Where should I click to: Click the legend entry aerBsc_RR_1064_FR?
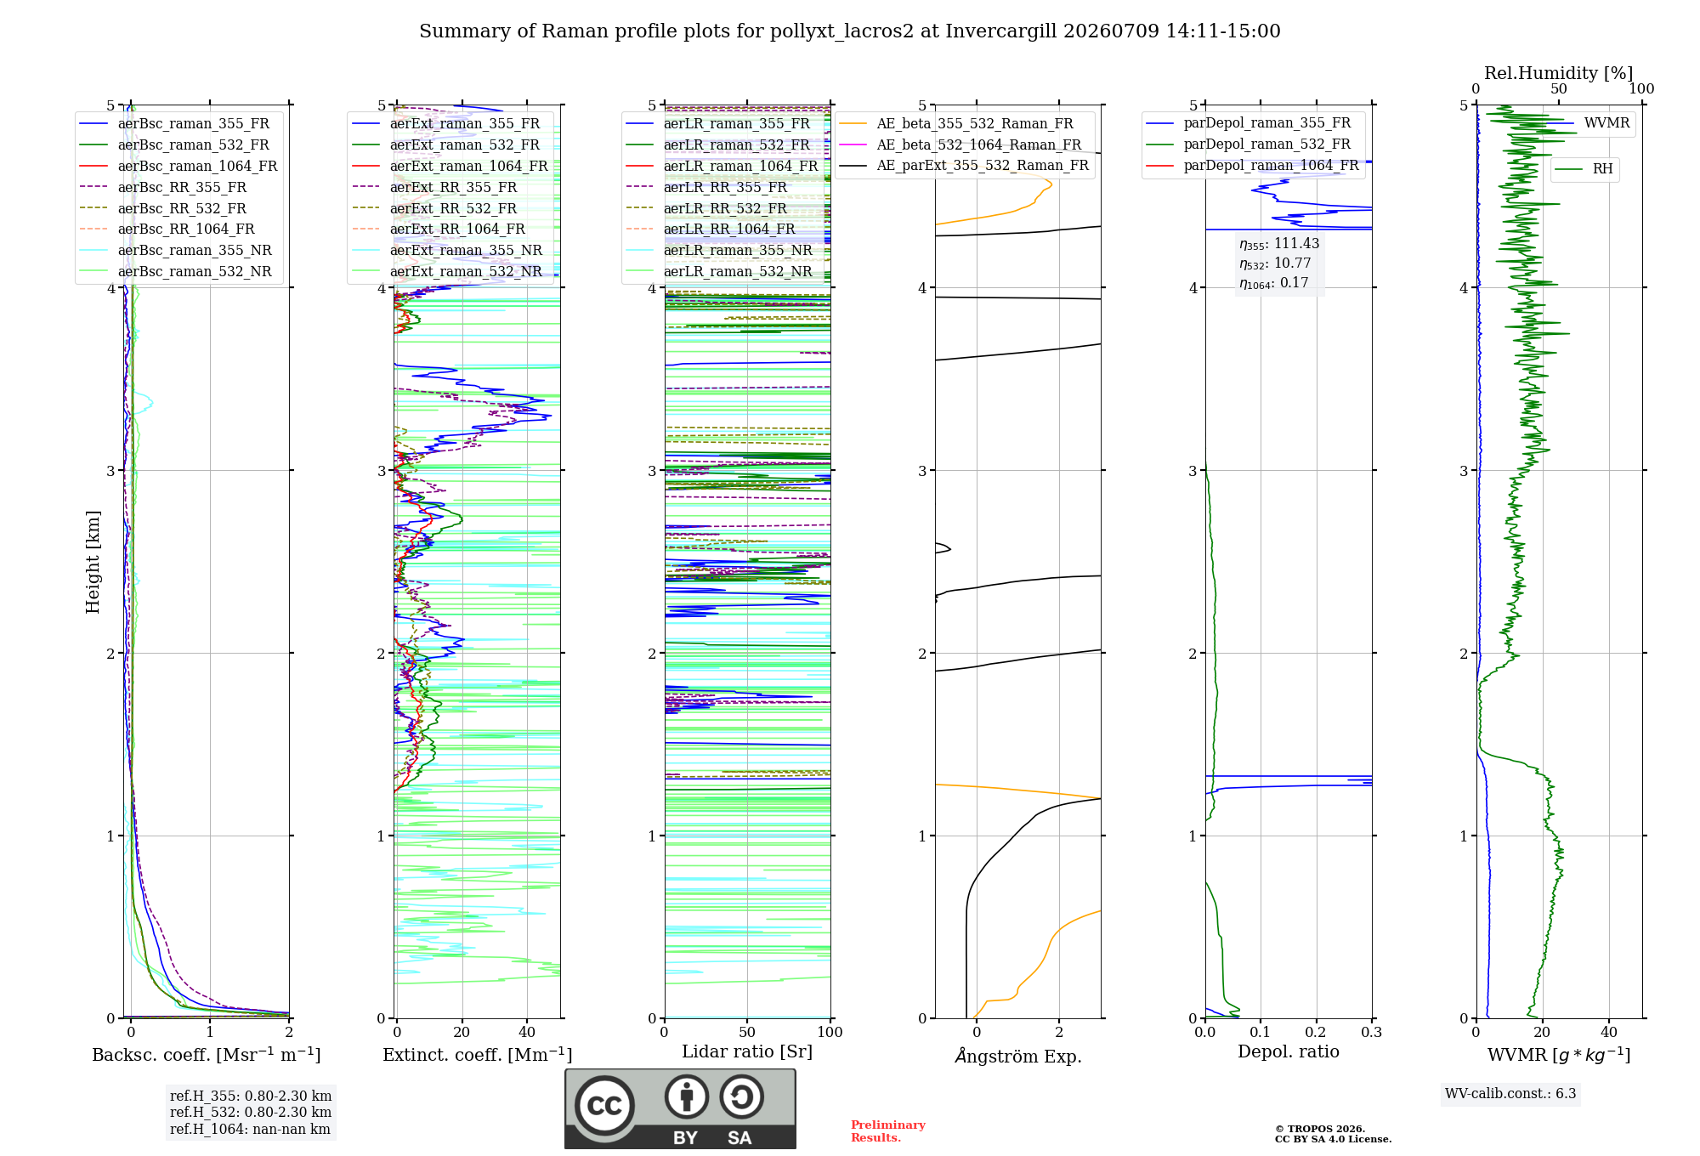pyautogui.click(x=167, y=229)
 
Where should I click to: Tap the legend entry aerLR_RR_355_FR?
pyautogui.click(x=706, y=187)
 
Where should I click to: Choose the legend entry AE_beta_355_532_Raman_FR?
pyautogui.click(x=956, y=124)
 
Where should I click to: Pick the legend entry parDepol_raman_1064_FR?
pyautogui.click(x=1253, y=166)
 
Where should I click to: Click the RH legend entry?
pyautogui.click(x=1584, y=169)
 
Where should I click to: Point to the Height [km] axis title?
pyautogui.click(x=93, y=562)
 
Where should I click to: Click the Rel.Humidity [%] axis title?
pyautogui.click(x=1559, y=73)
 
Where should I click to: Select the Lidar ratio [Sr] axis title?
pyautogui.click(x=747, y=1052)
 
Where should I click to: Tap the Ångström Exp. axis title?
pyautogui.click(x=1018, y=1056)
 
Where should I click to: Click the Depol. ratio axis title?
pyautogui.click(x=1289, y=1052)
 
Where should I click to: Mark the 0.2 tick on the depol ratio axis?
pyautogui.click(x=1316, y=1033)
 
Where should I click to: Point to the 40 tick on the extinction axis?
pyautogui.click(x=527, y=1033)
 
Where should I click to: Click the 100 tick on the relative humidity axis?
pyautogui.click(x=1642, y=89)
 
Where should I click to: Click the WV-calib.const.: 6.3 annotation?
pyautogui.click(x=1510, y=1094)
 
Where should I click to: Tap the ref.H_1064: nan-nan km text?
pyautogui.click(x=250, y=1130)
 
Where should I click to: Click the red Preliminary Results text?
pyautogui.click(x=888, y=1131)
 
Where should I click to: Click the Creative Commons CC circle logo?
pyautogui.click(x=604, y=1106)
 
